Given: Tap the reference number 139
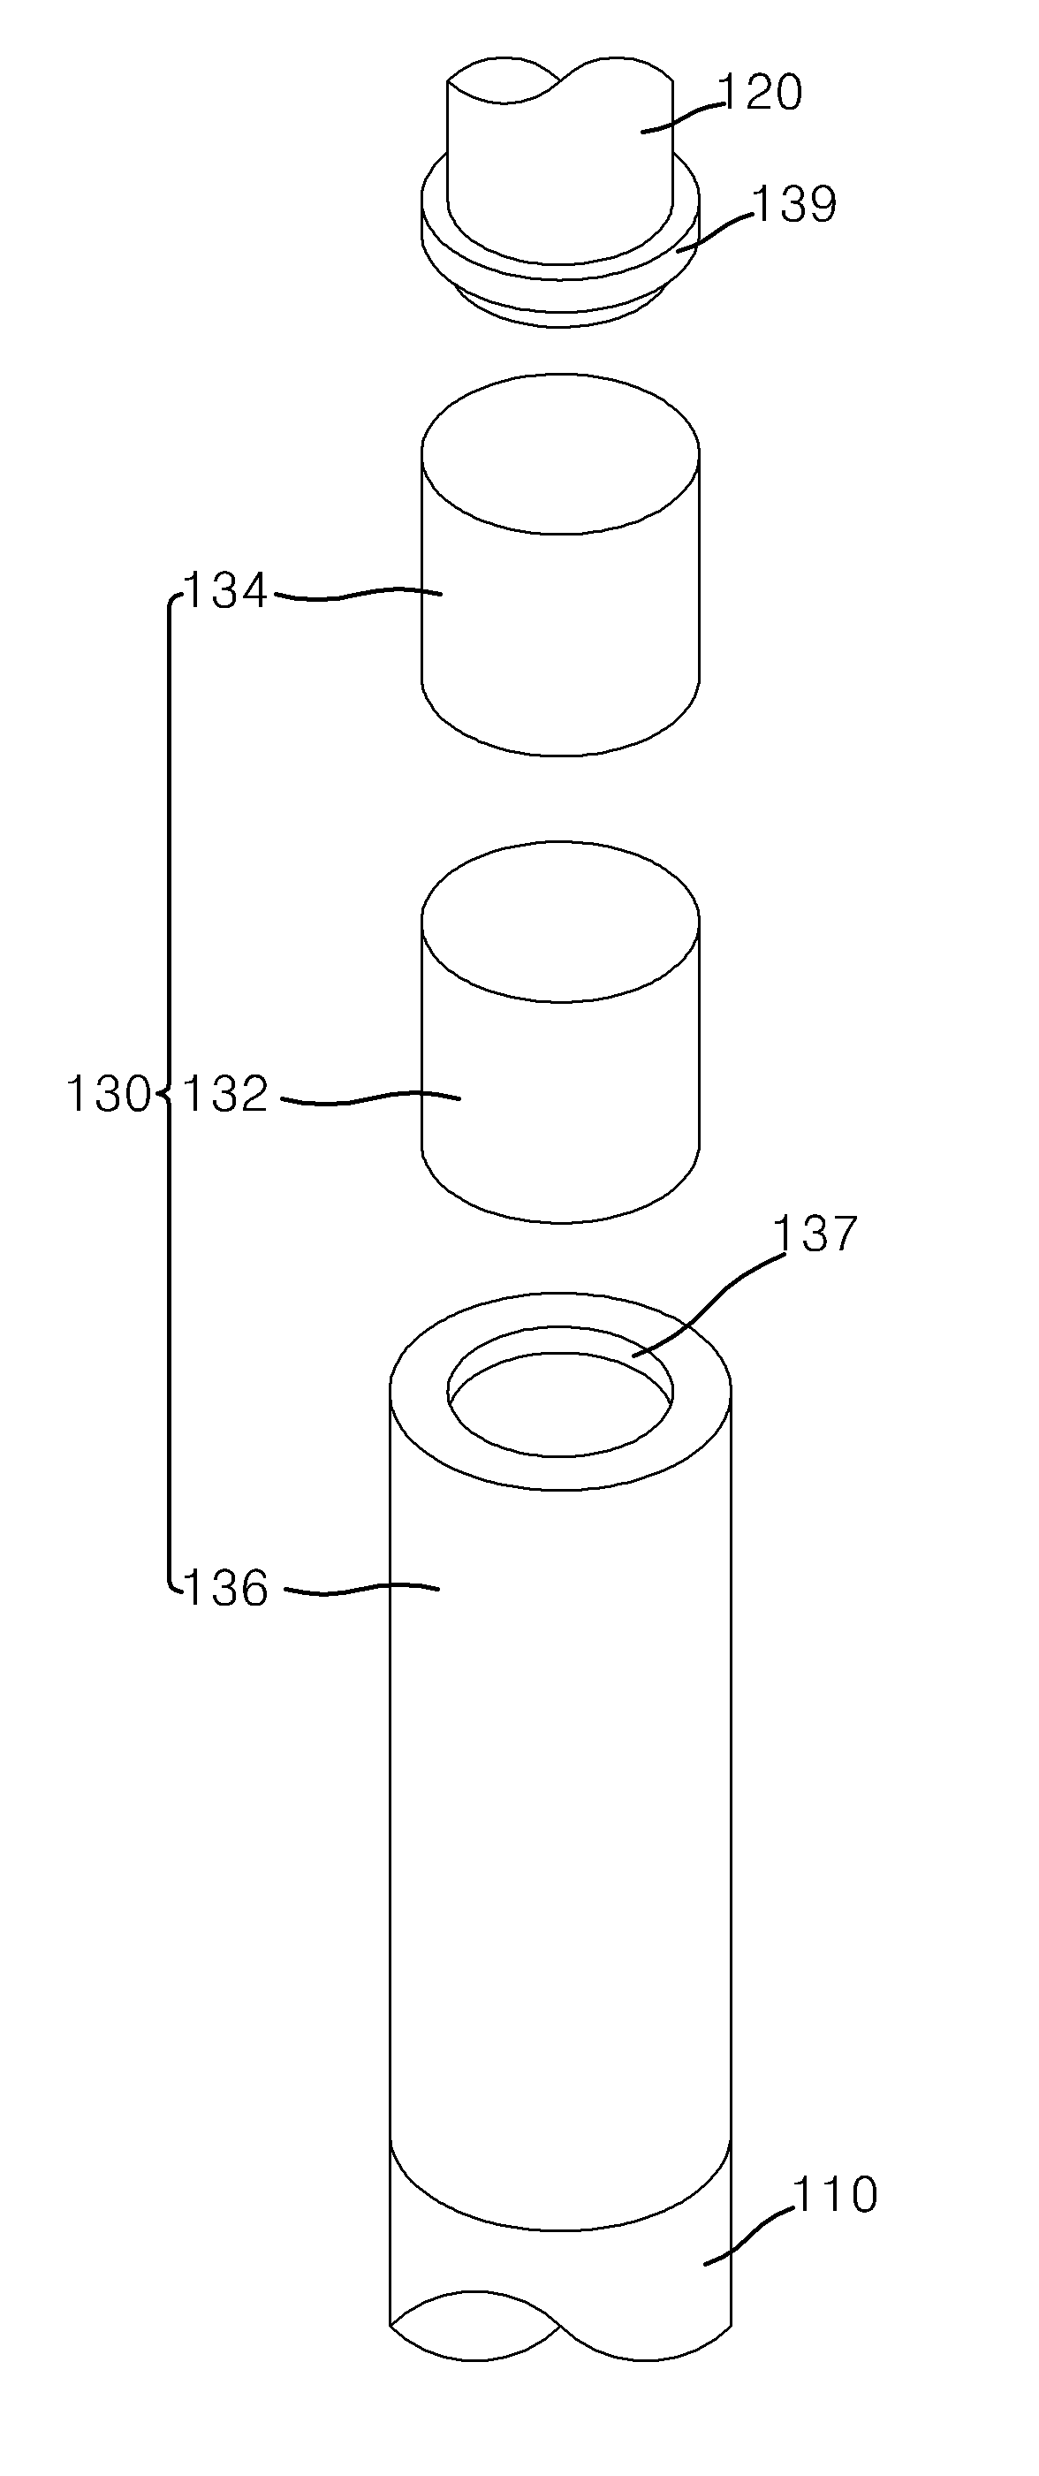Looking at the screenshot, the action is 794,205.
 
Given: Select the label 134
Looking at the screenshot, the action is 226,590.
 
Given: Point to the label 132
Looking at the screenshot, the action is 226,1094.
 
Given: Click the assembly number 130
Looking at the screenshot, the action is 108,1094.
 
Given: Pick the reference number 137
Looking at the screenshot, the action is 814,1234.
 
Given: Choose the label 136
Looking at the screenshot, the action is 226,1589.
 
